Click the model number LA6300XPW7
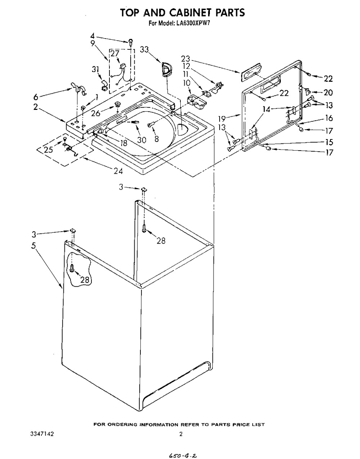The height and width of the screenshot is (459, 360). tap(193, 23)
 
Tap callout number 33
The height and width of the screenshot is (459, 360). tap(144, 50)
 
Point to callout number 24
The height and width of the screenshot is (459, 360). tap(118, 171)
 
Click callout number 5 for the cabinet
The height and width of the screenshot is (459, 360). tap(33, 246)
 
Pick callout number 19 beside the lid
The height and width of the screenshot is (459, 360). tap(222, 119)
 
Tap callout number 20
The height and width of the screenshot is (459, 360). tap(328, 92)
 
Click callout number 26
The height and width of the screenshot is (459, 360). tap(96, 113)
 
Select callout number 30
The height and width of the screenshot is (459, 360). tap(142, 140)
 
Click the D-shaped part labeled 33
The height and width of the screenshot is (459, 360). tap(167, 69)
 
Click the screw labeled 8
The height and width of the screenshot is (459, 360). tap(151, 125)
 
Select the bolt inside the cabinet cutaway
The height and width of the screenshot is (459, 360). tap(72, 268)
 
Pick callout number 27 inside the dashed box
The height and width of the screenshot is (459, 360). tap(115, 53)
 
